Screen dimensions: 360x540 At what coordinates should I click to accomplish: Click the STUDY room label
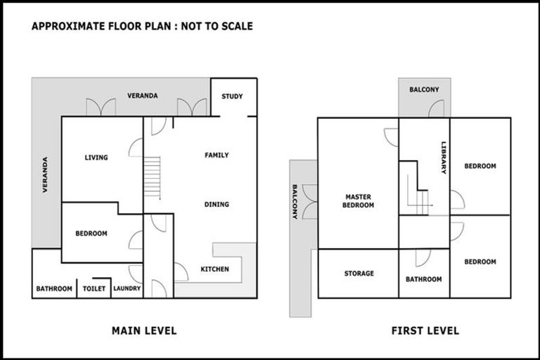click(232, 96)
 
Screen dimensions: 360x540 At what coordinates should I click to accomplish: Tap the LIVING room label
click(96, 157)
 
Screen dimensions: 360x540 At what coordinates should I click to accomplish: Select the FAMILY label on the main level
click(217, 155)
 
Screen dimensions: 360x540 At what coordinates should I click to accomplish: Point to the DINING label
click(217, 205)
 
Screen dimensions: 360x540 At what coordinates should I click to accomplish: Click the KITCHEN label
click(214, 269)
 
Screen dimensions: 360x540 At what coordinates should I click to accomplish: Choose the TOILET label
click(94, 288)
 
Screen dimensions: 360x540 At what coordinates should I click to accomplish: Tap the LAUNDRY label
click(127, 288)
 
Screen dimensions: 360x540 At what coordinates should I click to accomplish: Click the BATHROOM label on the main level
click(54, 288)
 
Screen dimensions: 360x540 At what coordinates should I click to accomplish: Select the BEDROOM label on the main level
click(91, 233)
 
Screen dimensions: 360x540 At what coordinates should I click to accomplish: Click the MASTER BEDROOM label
click(358, 201)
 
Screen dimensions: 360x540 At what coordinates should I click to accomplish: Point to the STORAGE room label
click(359, 274)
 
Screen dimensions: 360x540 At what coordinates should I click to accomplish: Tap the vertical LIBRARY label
click(444, 156)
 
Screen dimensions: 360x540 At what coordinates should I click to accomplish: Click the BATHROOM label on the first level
click(424, 279)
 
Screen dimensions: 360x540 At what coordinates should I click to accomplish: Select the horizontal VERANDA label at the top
click(142, 96)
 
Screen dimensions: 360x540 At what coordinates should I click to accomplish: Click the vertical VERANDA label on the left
click(45, 174)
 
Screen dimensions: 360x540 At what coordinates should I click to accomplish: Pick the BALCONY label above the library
click(424, 89)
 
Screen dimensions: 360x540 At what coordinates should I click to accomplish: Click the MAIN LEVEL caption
click(144, 330)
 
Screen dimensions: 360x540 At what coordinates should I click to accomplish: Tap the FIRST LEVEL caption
click(425, 330)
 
